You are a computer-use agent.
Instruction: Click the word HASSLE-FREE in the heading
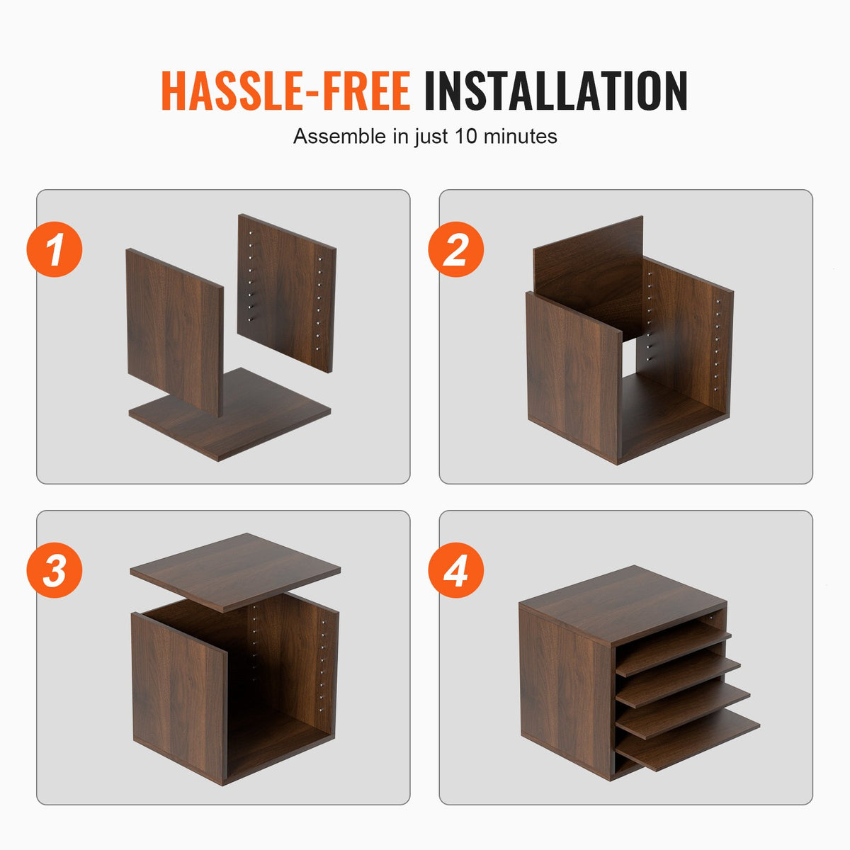pos(285,91)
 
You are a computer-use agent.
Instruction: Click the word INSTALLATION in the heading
pos(555,91)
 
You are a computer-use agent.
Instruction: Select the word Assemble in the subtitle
pos(340,136)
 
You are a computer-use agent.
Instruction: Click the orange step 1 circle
pos(55,249)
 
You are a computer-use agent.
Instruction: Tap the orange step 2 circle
pos(455,249)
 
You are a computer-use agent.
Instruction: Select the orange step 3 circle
pos(55,570)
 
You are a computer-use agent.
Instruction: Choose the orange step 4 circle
pos(455,570)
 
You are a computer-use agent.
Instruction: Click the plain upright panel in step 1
pos(174,329)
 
